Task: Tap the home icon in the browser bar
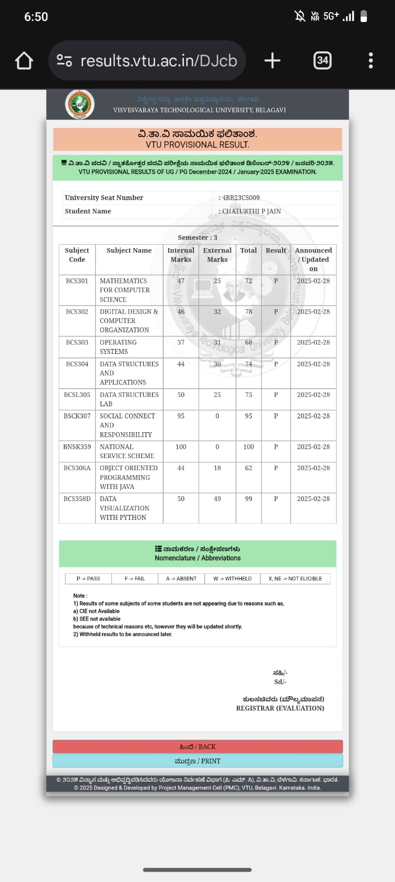click(x=24, y=61)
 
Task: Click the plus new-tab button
click(x=272, y=61)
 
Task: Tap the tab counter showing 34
click(x=322, y=61)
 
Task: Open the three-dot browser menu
click(x=371, y=61)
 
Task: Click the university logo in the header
click(x=80, y=104)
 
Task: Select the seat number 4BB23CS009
click(x=241, y=197)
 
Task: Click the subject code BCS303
click(x=77, y=342)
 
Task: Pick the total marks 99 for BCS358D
click(x=248, y=499)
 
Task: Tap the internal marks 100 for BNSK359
click(x=181, y=447)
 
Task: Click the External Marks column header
click(x=217, y=255)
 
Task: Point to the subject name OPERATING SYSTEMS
click(x=118, y=347)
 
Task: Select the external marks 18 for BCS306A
click(x=217, y=468)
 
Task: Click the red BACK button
click(x=197, y=746)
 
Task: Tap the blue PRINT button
click(x=197, y=761)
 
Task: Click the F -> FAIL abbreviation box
click(x=134, y=579)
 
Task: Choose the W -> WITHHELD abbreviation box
click(x=232, y=579)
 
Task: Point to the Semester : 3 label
click(x=197, y=238)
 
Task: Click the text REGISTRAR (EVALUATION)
click(x=280, y=708)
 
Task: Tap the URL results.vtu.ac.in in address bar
click(x=159, y=61)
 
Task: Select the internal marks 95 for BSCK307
click(x=181, y=416)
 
